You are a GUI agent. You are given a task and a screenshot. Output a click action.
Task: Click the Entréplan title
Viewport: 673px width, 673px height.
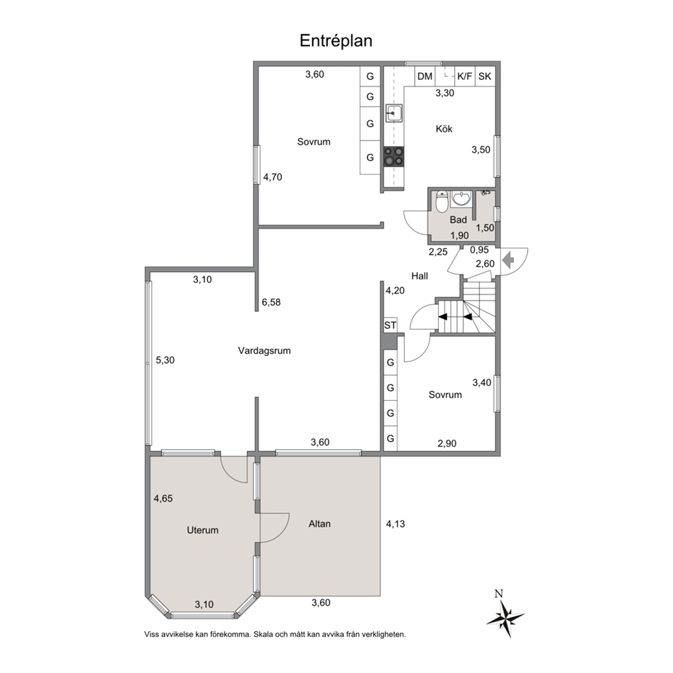tap(336, 41)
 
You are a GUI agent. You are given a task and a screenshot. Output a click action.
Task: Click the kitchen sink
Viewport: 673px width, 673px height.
tap(393, 113)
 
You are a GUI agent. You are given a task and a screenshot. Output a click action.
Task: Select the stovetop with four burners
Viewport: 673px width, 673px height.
tap(393, 156)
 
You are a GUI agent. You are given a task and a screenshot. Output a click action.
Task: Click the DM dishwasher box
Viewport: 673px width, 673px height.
tap(425, 77)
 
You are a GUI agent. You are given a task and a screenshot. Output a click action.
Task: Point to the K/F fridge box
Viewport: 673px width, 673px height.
tap(465, 77)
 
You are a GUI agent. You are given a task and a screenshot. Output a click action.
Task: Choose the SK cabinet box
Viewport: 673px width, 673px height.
tap(484, 77)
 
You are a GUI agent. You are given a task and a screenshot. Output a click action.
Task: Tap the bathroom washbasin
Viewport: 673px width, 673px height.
tap(461, 199)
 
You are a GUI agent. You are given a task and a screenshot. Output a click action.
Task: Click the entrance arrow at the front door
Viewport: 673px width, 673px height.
tap(509, 260)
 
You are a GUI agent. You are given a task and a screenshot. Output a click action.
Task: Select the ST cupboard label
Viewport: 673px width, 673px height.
tap(390, 326)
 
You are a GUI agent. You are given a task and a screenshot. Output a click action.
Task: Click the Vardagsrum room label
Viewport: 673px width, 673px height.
tap(265, 351)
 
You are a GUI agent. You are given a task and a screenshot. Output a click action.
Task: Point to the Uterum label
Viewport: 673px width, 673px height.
tap(203, 530)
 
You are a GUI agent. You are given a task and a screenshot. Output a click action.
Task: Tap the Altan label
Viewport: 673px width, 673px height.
tap(320, 524)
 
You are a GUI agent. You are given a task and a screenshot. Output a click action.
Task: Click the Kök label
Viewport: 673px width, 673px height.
tap(444, 129)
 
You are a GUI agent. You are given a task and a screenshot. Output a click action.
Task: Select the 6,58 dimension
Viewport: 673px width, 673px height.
tap(271, 302)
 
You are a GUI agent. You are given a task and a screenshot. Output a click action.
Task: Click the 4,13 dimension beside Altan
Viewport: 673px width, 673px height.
tap(396, 524)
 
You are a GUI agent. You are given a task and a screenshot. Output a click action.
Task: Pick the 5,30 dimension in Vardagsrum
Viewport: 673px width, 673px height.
tap(165, 360)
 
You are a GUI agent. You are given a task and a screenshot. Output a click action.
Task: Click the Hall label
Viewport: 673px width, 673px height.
tap(420, 276)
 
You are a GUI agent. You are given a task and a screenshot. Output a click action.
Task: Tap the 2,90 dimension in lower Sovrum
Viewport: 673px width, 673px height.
tap(447, 444)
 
